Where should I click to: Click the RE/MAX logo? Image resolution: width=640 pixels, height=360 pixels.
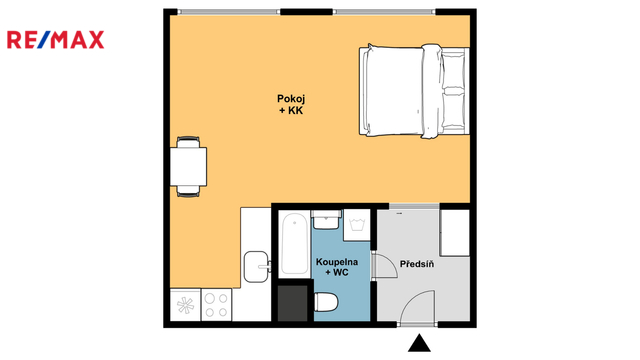point(56,40)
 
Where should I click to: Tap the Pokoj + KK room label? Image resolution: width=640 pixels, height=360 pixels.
point(291,104)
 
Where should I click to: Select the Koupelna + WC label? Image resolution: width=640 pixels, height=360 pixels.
point(337,267)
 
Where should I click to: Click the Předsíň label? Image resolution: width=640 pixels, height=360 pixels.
point(417,264)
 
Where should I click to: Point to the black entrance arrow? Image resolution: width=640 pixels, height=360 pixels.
point(419,343)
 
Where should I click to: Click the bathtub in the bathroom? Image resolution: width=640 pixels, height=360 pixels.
point(294,243)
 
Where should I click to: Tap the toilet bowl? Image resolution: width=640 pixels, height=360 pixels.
point(326,302)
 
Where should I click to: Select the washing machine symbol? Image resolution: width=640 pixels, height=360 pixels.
point(357,225)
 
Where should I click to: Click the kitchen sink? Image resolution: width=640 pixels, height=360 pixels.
point(257,267)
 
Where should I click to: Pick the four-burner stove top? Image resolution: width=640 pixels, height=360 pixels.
point(216,305)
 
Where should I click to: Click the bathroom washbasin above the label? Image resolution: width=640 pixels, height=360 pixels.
point(326,220)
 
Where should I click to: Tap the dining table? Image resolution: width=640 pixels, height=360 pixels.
point(189,167)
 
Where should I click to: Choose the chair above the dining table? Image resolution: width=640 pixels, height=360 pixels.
point(189,142)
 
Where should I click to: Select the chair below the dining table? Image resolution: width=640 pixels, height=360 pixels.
point(189,191)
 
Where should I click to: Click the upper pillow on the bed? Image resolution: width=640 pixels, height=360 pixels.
point(453,69)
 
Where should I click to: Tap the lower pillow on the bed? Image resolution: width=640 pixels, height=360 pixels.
point(453,111)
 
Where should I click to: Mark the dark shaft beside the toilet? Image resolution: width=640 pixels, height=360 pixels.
point(293,303)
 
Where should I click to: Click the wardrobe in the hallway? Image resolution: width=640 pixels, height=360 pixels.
point(455,233)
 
